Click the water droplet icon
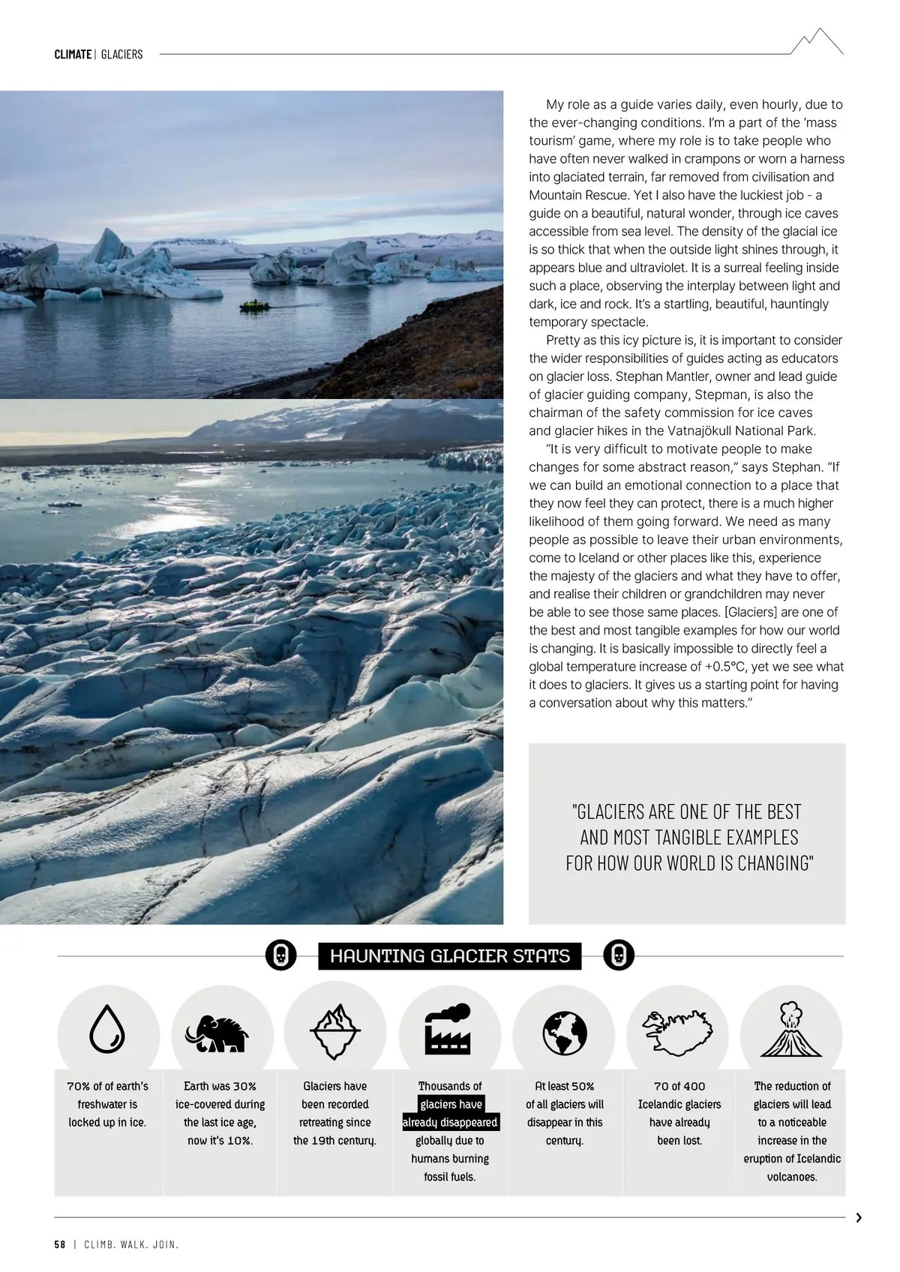coord(107,1029)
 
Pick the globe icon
coord(564,1032)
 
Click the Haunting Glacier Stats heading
coord(450,955)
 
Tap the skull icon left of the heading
coord(280,955)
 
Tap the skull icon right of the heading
coord(619,955)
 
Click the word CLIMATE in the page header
coord(73,54)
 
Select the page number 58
coord(60,1245)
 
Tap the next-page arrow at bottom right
coord(859,1218)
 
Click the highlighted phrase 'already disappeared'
coord(450,1123)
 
